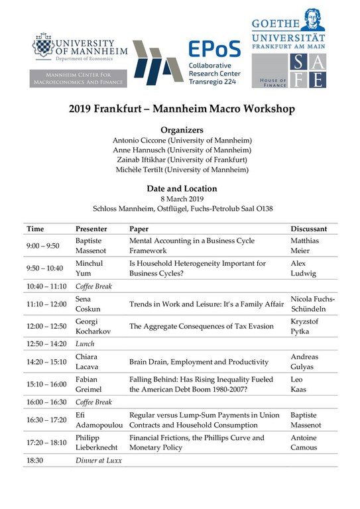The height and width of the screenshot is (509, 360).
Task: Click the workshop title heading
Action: pyautogui.click(x=179, y=109)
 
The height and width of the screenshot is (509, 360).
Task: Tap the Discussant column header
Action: pyautogui.click(x=308, y=229)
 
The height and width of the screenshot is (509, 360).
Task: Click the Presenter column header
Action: pyautogui.click(x=91, y=229)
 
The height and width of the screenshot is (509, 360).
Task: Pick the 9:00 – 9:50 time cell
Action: pyautogui.click(x=43, y=245)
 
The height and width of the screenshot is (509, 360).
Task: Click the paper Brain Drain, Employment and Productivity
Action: pyautogui.click(x=199, y=362)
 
